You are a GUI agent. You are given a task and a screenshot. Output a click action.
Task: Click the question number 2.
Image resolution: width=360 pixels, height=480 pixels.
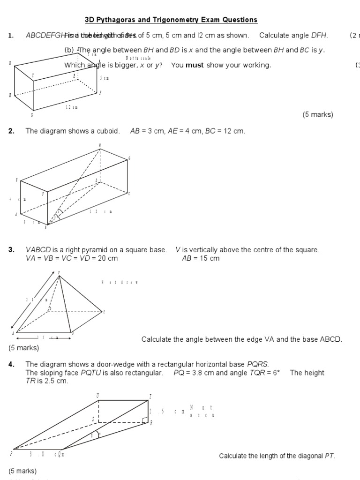click(x=11, y=131)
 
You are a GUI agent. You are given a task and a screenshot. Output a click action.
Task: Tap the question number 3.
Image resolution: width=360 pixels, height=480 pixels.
click(x=11, y=250)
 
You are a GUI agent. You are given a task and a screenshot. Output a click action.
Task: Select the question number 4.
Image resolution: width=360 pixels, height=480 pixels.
click(x=11, y=364)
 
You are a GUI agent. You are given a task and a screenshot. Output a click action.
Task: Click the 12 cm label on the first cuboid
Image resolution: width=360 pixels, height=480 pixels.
click(x=71, y=107)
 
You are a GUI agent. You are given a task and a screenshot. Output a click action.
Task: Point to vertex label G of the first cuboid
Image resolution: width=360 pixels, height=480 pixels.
click(x=32, y=115)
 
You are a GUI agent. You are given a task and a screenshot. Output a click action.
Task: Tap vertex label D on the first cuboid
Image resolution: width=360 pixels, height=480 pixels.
click(x=10, y=63)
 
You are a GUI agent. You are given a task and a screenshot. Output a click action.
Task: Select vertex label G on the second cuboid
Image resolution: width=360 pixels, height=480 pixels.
click(x=129, y=158)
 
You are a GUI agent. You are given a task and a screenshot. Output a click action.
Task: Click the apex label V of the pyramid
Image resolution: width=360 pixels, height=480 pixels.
click(x=59, y=272)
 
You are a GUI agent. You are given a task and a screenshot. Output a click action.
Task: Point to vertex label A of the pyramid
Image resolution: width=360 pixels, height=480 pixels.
click(x=13, y=333)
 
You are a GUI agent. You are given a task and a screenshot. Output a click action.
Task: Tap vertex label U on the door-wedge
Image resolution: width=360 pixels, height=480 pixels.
click(x=97, y=396)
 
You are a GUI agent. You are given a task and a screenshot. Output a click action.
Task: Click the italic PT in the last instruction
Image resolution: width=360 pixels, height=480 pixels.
click(x=330, y=456)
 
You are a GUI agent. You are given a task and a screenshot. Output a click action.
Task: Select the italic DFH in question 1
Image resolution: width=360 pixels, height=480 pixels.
click(x=320, y=36)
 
